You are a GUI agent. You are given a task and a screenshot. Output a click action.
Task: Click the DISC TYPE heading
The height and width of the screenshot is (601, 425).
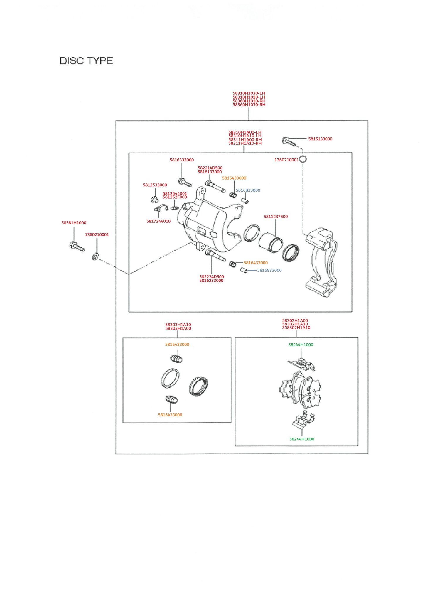(x=86, y=61)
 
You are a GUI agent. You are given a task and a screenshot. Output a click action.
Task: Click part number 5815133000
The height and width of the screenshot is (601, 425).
(x=320, y=139)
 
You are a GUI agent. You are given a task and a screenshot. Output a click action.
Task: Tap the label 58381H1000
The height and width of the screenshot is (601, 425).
(x=74, y=223)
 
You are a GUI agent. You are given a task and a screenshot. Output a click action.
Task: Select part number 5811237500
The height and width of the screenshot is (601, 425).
(x=275, y=217)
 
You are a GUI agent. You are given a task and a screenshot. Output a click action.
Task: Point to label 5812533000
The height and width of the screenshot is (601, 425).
(x=155, y=185)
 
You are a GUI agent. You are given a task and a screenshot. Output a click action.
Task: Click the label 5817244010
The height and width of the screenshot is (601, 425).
(x=158, y=221)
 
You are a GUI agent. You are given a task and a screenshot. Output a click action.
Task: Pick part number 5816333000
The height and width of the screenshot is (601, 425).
(x=182, y=160)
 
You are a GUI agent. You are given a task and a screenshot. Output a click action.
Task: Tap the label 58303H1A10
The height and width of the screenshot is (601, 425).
(x=178, y=325)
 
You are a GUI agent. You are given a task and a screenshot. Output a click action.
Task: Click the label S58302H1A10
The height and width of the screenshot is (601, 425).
(x=296, y=328)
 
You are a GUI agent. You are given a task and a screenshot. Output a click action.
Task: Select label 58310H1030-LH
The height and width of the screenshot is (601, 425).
(x=249, y=93)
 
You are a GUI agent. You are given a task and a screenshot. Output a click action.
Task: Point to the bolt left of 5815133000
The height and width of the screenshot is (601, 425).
(x=289, y=141)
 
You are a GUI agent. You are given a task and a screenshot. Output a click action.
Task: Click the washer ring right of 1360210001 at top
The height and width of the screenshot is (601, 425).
(x=303, y=159)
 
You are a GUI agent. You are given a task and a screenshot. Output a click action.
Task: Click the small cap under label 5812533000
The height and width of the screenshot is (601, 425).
(x=154, y=200)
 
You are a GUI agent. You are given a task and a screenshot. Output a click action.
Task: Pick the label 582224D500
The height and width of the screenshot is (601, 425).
(x=211, y=277)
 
